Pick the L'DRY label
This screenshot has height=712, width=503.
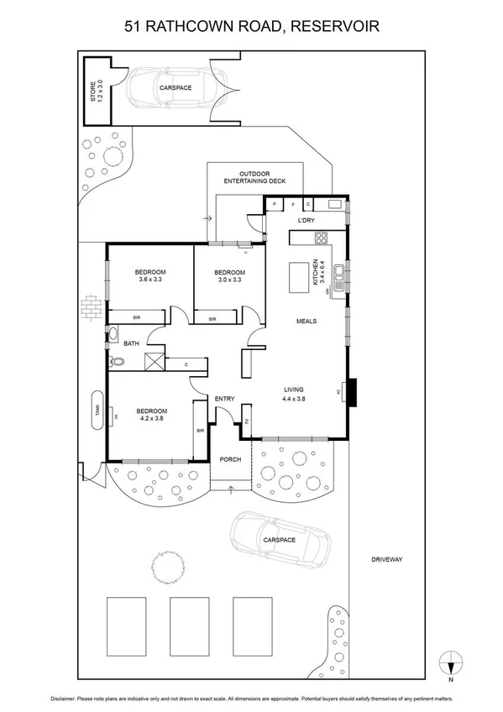(306, 221)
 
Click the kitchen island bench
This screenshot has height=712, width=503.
(299, 278)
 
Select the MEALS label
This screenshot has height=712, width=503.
(306, 321)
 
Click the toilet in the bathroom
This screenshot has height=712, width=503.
(117, 362)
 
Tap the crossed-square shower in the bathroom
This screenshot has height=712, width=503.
(155, 362)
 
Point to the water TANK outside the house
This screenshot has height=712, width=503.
(98, 411)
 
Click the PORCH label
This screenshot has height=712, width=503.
(230, 459)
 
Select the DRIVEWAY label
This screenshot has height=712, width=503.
(387, 559)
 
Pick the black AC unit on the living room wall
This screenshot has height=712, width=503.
(354, 391)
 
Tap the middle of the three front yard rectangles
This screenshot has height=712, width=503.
(189, 626)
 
